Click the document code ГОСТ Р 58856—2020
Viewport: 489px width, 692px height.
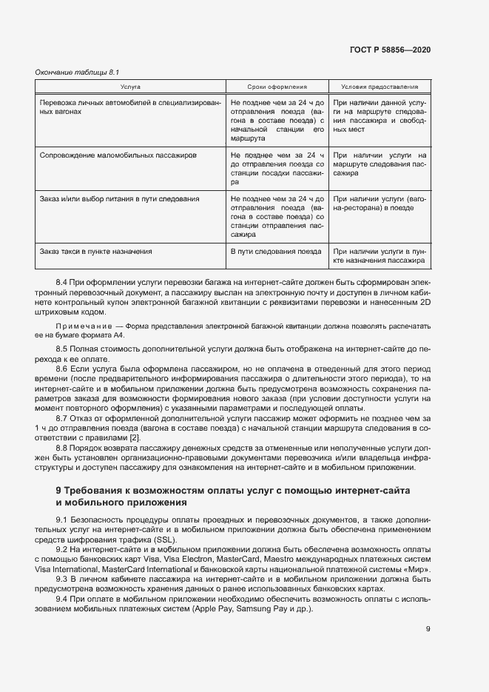click(390, 50)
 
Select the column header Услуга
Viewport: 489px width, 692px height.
click(130, 87)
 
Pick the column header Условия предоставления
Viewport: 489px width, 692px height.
click(380, 87)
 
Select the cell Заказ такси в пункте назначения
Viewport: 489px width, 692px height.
click(96, 252)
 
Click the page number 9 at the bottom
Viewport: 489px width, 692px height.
click(428, 630)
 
